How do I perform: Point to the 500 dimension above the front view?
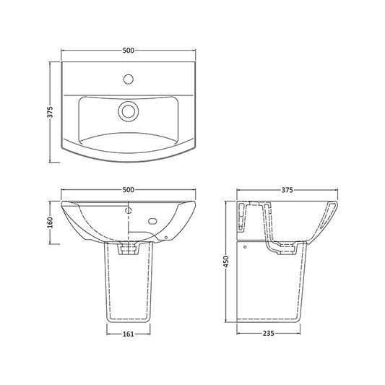click(x=129, y=189)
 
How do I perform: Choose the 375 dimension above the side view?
click(x=287, y=190)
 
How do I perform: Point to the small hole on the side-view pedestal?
click(x=247, y=246)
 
